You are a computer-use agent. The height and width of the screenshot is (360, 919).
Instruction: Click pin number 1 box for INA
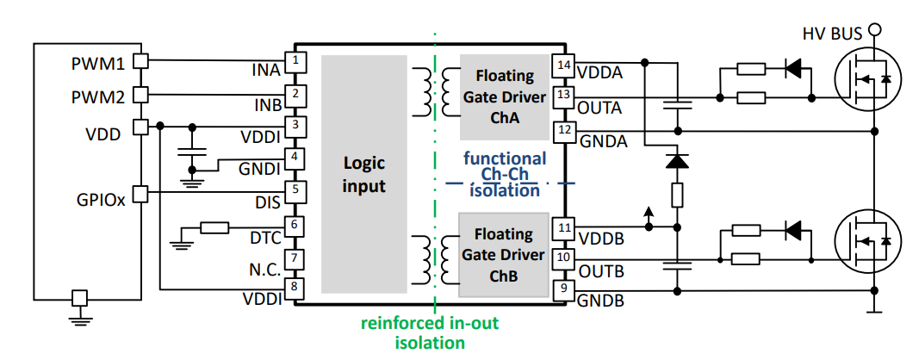295,60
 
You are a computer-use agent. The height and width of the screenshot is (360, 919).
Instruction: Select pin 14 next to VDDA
564,65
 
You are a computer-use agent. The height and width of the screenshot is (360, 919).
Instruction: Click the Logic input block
364,174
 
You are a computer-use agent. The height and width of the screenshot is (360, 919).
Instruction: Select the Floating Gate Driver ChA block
504,97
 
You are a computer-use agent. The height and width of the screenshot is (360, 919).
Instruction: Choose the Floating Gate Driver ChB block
504,255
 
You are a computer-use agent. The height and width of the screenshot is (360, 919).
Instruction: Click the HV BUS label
830,34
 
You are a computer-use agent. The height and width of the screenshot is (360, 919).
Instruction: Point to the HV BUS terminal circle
875,30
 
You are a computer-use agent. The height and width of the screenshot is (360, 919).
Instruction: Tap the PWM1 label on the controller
97,64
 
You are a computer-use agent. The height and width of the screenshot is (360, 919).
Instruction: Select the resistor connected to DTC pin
214,227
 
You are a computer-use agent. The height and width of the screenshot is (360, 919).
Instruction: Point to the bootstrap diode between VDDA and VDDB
678,160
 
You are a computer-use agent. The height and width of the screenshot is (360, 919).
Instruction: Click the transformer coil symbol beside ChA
436,91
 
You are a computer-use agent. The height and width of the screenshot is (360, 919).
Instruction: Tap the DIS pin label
268,202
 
